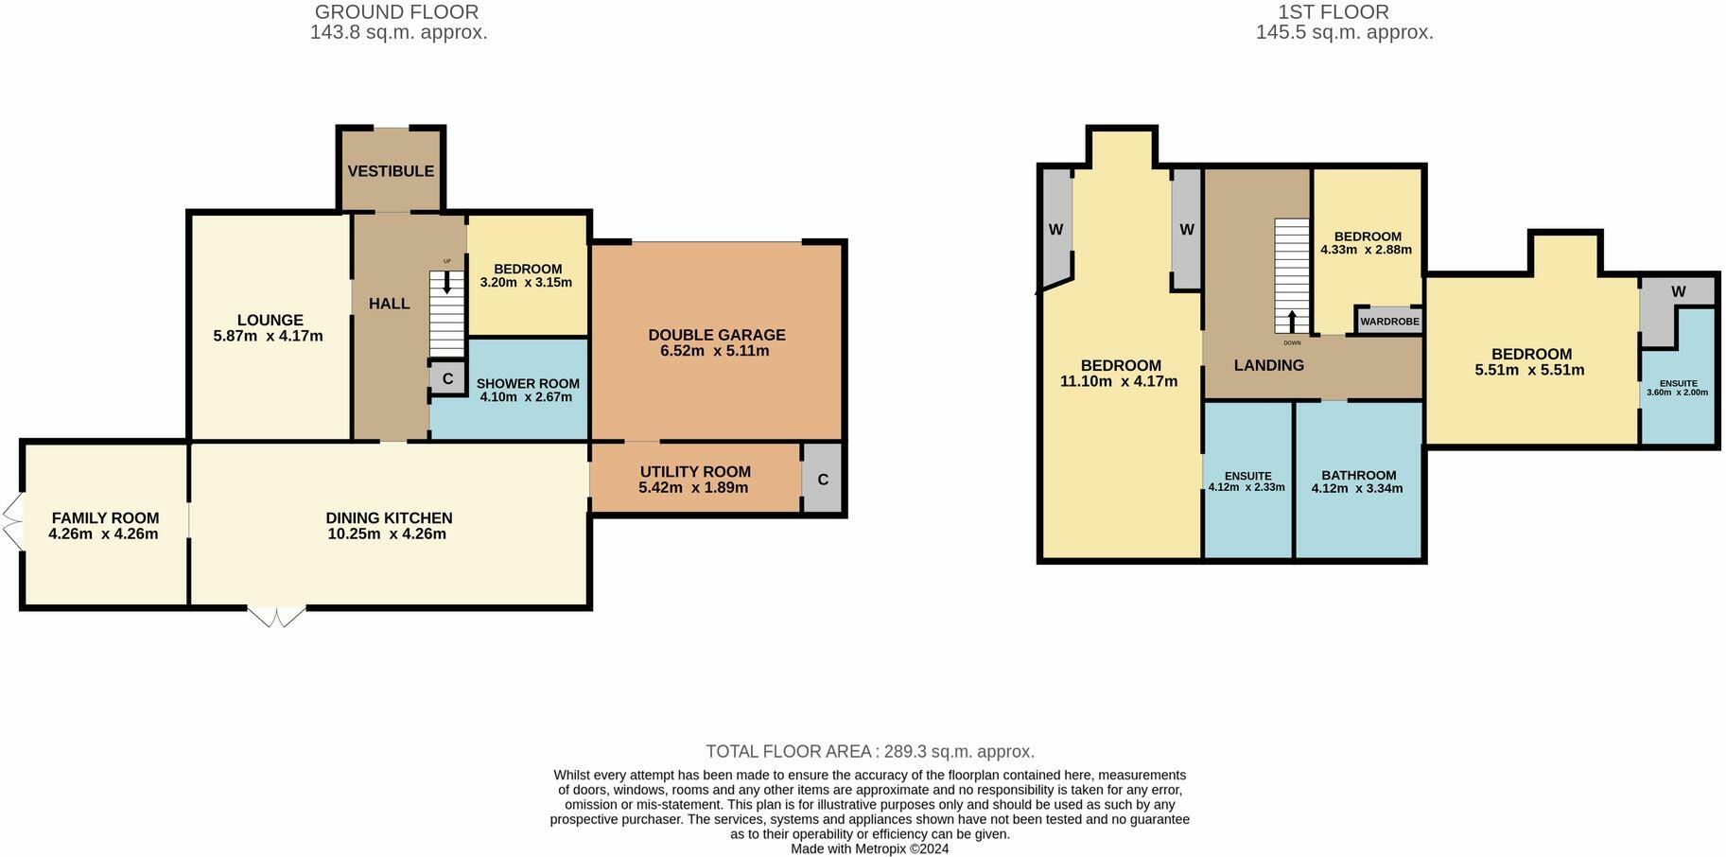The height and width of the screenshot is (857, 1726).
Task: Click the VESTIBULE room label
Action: click(391, 171)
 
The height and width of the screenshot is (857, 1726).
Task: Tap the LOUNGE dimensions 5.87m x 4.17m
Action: click(269, 336)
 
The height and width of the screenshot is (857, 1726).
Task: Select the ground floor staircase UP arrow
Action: click(447, 283)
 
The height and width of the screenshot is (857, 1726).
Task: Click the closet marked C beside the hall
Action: click(447, 378)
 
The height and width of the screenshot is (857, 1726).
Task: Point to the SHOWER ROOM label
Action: click(528, 384)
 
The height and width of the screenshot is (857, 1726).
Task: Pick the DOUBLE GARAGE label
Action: click(716, 335)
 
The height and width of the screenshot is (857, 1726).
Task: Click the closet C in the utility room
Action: click(823, 480)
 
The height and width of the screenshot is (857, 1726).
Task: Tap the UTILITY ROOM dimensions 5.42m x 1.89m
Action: click(693, 488)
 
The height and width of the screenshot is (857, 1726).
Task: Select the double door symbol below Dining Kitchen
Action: click(277, 617)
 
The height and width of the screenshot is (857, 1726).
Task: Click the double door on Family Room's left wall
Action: click(12, 521)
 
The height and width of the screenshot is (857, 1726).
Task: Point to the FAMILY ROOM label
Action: click(105, 518)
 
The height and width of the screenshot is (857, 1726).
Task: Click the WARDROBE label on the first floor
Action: click(1389, 322)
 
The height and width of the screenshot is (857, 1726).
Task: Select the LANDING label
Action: click(1268, 365)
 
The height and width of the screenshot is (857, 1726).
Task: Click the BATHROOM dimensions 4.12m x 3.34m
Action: click(1357, 489)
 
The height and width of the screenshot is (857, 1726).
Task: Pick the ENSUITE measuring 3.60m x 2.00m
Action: click(1678, 388)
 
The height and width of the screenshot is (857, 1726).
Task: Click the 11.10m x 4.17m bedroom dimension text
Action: click(1119, 382)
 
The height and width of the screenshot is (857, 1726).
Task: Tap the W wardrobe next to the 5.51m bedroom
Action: click(1678, 292)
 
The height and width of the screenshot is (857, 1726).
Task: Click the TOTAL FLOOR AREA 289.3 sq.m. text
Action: click(870, 752)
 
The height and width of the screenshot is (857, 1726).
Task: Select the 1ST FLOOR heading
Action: click(1334, 12)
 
